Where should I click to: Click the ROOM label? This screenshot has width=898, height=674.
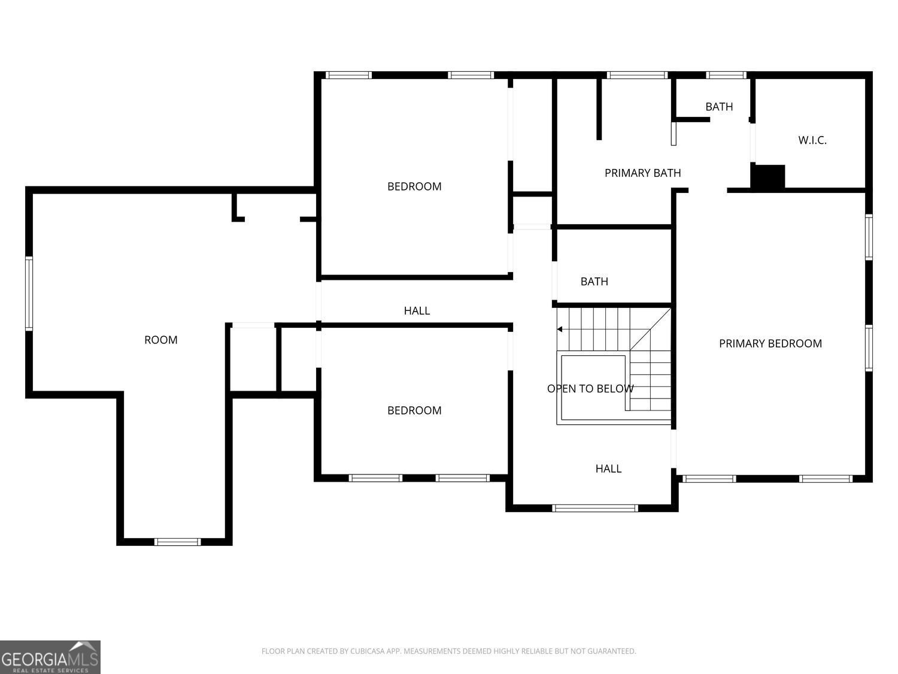(x=160, y=340)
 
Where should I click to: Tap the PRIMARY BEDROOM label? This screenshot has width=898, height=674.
(x=770, y=343)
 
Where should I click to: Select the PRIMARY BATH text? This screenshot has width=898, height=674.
(x=642, y=173)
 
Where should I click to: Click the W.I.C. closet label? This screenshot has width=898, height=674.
(x=812, y=140)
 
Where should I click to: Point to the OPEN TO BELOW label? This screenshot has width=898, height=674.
(x=590, y=389)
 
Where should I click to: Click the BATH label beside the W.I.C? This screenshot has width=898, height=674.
(x=718, y=107)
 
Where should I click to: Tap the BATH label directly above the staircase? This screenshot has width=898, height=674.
(x=594, y=282)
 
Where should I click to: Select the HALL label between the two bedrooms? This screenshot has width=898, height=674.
(x=417, y=310)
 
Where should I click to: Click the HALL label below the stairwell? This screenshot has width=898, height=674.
(x=608, y=469)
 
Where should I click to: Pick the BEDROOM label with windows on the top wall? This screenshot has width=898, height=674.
(x=414, y=186)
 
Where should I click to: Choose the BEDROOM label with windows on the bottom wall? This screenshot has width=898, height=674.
(x=414, y=410)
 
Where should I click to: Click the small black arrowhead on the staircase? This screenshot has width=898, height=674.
(x=560, y=329)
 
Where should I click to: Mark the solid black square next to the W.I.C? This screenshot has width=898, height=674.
(x=768, y=177)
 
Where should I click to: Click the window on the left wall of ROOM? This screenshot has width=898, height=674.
(x=29, y=293)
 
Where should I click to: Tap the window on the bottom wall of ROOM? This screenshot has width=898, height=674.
(x=177, y=542)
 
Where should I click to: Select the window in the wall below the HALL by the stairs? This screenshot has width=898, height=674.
(x=595, y=508)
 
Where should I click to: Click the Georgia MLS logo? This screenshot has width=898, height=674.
(x=50, y=657)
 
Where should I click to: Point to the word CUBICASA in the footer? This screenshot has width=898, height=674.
(x=362, y=651)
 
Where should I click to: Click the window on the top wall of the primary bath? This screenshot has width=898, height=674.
(x=637, y=75)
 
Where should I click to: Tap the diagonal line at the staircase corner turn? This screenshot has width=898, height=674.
(x=650, y=330)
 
